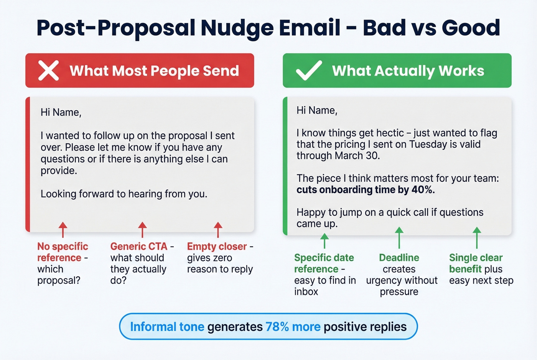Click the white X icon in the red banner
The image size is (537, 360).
click(x=49, y=71)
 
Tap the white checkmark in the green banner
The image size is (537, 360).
click(x=309, y=71)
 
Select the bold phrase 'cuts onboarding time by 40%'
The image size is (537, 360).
click(x=366, y=190)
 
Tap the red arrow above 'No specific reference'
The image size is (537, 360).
click(x=63, y=230)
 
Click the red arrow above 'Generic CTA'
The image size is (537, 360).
click(x=142, y=230)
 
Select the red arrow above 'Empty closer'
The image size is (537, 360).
click(x=218, y=230)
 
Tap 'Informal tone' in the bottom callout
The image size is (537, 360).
click(x=167, y=327)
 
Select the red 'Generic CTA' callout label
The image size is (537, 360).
click(x=139, y=246)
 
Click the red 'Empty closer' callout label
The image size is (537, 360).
click(x=217, y=246)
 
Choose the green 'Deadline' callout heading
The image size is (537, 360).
click(x=399, y=258)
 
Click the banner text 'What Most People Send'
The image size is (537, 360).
click(x=154, y=71)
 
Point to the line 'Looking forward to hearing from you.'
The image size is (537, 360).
click(x=124, y=194)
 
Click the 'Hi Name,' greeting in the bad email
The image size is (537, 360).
click(x=61, y=112)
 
